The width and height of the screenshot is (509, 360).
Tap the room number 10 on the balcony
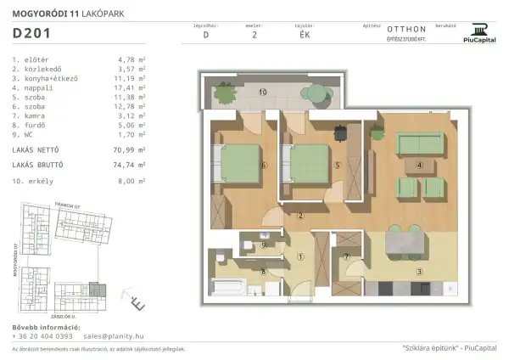point(262,91)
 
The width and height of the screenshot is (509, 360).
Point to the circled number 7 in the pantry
point(347,256)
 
